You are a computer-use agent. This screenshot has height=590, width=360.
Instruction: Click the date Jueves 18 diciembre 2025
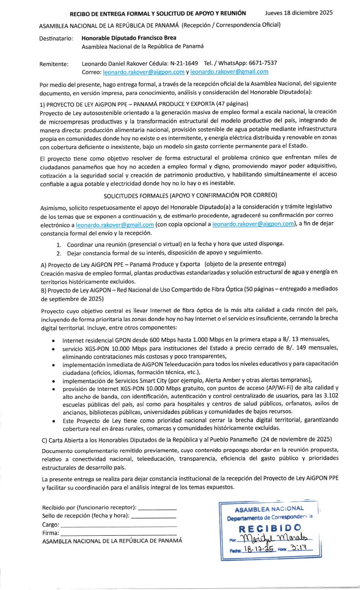pyautogui.click(x=299, y=12)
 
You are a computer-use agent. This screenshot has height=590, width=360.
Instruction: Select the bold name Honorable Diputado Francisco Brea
pyautogui.click(x=129, y=38)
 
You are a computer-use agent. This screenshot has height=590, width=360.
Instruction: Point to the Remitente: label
pyautogui.click(x=54, y=64)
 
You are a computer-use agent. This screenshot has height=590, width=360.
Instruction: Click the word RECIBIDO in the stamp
pyautogui.click(x=270, y=528)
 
